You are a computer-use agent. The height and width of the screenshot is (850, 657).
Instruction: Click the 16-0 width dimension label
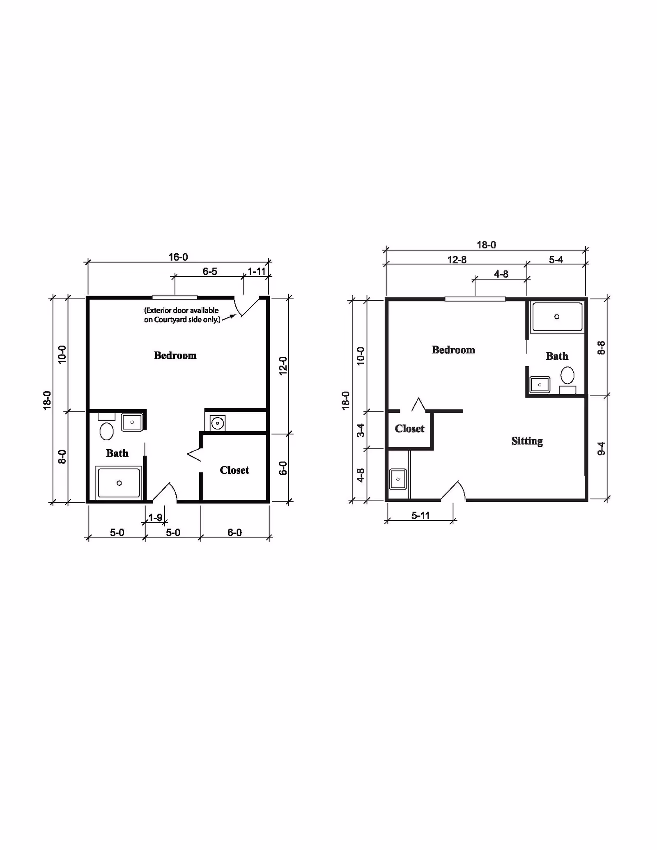(178, 257)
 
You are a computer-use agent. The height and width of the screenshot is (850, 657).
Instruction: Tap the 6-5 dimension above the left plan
(210, 271)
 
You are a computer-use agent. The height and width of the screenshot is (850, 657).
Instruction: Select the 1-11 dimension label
(257, 271)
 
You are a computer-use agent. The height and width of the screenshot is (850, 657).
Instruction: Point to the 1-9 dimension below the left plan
(155, 517)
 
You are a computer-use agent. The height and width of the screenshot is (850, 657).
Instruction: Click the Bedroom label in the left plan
(175, 356)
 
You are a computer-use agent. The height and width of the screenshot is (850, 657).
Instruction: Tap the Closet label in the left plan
(234, 470)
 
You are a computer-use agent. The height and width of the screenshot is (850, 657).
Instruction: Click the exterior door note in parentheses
(182, 315)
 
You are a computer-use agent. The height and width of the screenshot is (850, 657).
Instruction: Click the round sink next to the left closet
(217, 423)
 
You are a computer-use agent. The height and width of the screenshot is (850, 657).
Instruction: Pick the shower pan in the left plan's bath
(119, 483)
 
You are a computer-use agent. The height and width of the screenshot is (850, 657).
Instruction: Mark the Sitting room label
(527, 441)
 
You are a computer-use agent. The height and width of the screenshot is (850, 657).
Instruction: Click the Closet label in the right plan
(410, 429)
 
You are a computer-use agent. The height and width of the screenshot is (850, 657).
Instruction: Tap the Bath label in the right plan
(557, 356)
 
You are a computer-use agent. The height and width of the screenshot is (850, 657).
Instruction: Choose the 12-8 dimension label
(457, 260)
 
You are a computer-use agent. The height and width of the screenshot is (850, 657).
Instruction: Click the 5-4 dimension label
(556, 260)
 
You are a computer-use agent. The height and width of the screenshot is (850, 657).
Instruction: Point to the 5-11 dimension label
(420, 515)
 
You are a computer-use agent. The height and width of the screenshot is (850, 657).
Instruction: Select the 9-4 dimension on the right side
(601, 448)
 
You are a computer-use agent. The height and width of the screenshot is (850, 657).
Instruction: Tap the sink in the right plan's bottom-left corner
(398, 479)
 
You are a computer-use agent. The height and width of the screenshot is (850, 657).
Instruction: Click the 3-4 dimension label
(361, 430)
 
